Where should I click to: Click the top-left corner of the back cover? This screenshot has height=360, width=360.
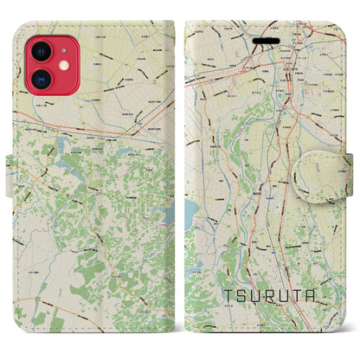[23, 26]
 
